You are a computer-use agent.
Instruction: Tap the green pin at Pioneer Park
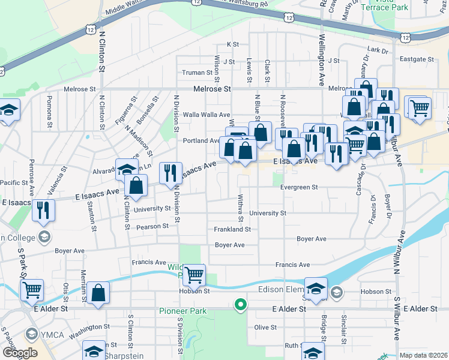240,305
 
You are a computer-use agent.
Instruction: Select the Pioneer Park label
182,311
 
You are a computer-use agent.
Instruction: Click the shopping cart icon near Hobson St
194,275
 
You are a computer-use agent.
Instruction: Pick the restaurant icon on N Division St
170,173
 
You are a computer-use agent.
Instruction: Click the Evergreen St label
298,187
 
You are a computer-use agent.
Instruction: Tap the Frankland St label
232,229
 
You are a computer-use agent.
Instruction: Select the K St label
232,44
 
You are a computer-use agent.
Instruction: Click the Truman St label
197,73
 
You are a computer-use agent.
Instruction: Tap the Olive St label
265,327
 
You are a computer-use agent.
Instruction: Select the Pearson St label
152,226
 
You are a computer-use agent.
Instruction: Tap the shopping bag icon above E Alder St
98,293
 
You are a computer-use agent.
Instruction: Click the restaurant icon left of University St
43,210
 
